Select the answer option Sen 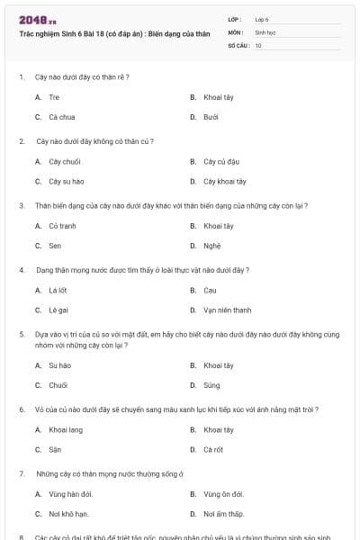[55, 246]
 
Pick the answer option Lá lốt [58, 290]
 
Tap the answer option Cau [210, 290]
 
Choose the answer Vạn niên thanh [228, 310]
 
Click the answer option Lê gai [58, 310]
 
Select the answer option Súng [211, 385]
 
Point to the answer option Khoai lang [64, 429]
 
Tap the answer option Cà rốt [213, 449]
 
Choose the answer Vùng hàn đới [70, 494]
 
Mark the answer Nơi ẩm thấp [224, 514]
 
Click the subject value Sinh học [265, 31]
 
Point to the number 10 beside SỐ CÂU [258, 45]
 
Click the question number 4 [22, 270]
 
